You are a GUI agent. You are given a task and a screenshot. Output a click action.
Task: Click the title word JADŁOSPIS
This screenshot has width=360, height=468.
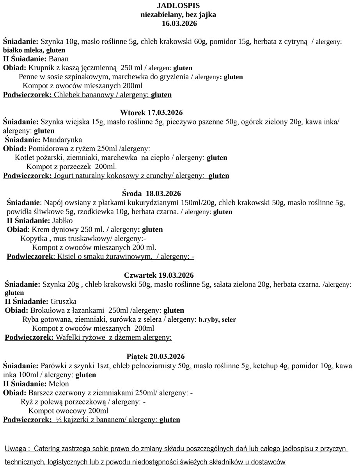tap(178, 5)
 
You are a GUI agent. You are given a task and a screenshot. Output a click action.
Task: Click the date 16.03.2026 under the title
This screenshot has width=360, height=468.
tap(179, 24)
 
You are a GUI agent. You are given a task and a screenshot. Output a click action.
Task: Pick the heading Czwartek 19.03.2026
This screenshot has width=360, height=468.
tap(159, 275)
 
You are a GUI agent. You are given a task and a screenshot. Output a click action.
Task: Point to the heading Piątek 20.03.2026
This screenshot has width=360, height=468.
tap(156, 356)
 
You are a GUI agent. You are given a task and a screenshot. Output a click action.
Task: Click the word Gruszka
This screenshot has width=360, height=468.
tap(64, 301)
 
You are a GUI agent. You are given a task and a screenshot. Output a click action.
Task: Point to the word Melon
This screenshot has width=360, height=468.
tap(59, 384)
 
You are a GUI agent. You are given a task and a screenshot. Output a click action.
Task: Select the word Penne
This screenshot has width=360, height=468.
tap(28, 77)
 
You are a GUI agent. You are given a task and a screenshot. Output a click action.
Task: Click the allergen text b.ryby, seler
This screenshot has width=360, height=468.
tap(217, 320)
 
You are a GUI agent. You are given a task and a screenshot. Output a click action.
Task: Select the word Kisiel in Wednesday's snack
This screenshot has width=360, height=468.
tap(66, 257)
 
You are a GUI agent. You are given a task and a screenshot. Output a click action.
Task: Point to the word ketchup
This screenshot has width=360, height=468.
tap(266, 366)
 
